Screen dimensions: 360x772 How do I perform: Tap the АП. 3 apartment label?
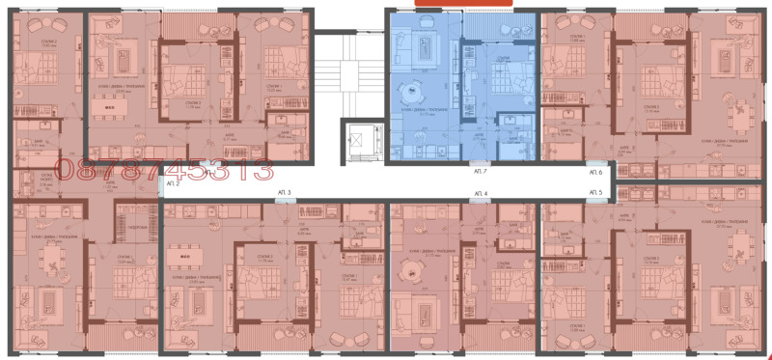click(x=284, y=194)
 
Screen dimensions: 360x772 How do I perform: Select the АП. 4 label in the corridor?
click(x=480, y=194)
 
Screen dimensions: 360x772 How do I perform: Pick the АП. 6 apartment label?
click(x=593, y=172)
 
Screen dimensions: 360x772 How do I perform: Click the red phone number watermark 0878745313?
click(x=164, y=171)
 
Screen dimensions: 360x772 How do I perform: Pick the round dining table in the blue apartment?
click(x=406, y=92)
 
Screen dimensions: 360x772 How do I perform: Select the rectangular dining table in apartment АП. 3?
click(x=180, y=257)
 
